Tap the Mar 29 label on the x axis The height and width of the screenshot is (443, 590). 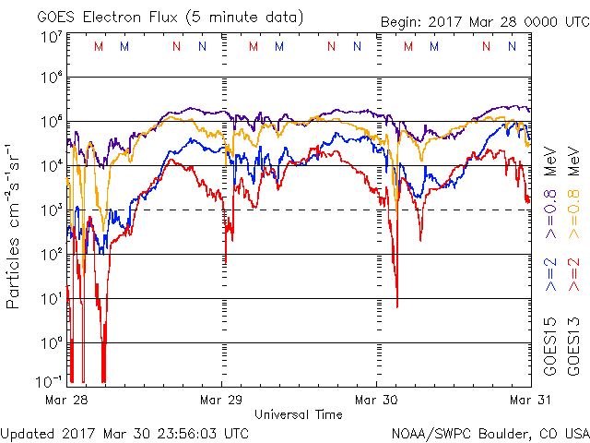pyautogui.click(x=221, y=400)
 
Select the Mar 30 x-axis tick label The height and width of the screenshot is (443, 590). pyautogui.click(x=376, y=400)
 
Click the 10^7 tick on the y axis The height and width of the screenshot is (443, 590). pyautogui.click(x=51, y=36)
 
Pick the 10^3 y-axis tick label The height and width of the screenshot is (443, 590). pyautogui.click(x=51, y=210)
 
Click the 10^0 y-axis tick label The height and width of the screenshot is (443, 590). pyautogui.click(x=51, y=342)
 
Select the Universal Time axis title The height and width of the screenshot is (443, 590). pyautogui.click(x=299, y=414)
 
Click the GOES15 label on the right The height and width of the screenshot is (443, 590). pyautogui.click(x=549, y=350)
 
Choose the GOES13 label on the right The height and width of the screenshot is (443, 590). pyautogui.click(x=572, y=350)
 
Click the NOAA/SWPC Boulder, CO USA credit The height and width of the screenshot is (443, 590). pyautogui.click(x=490, y=432)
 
